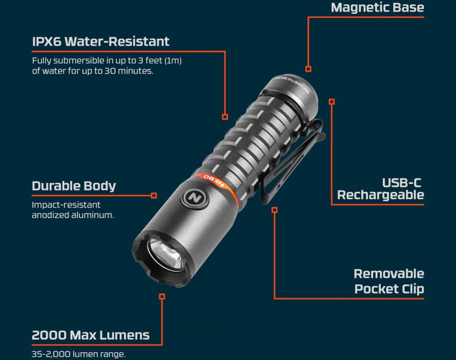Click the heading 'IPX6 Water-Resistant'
tap(101, 41)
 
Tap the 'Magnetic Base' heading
tap(378, 8)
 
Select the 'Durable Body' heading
tap(74, 186)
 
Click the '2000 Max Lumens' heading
tap(90, 335)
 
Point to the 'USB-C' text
tap(402, 183)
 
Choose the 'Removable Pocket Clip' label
tap(389, 282)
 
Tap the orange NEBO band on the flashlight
tap(219, 186)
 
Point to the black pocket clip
tap(291, 163)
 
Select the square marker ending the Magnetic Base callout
tap(308, 69)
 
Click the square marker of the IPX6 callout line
tap(225, 117)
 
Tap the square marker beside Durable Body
tap(154, 196)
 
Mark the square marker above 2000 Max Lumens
tap(162, 296)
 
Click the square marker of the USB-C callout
tap(332, 102)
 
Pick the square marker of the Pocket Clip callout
tap(274, 210)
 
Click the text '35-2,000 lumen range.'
tap(78, 354)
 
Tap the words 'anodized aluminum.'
tap(73, 215)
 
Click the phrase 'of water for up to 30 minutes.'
tap(93, 71)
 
